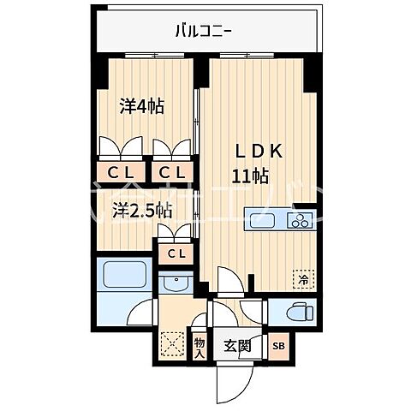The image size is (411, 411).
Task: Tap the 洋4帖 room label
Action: (141, 107)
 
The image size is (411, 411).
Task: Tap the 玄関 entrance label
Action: (238, 346)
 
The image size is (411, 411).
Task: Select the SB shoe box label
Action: (278, 346)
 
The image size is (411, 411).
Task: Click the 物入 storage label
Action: (200, 346)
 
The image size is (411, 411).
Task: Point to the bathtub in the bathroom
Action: (121, 276)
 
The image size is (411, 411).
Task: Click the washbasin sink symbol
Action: (177, 283)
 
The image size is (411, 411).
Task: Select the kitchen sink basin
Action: (262, 220)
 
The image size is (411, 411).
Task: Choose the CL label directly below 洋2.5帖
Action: (176, 253)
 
